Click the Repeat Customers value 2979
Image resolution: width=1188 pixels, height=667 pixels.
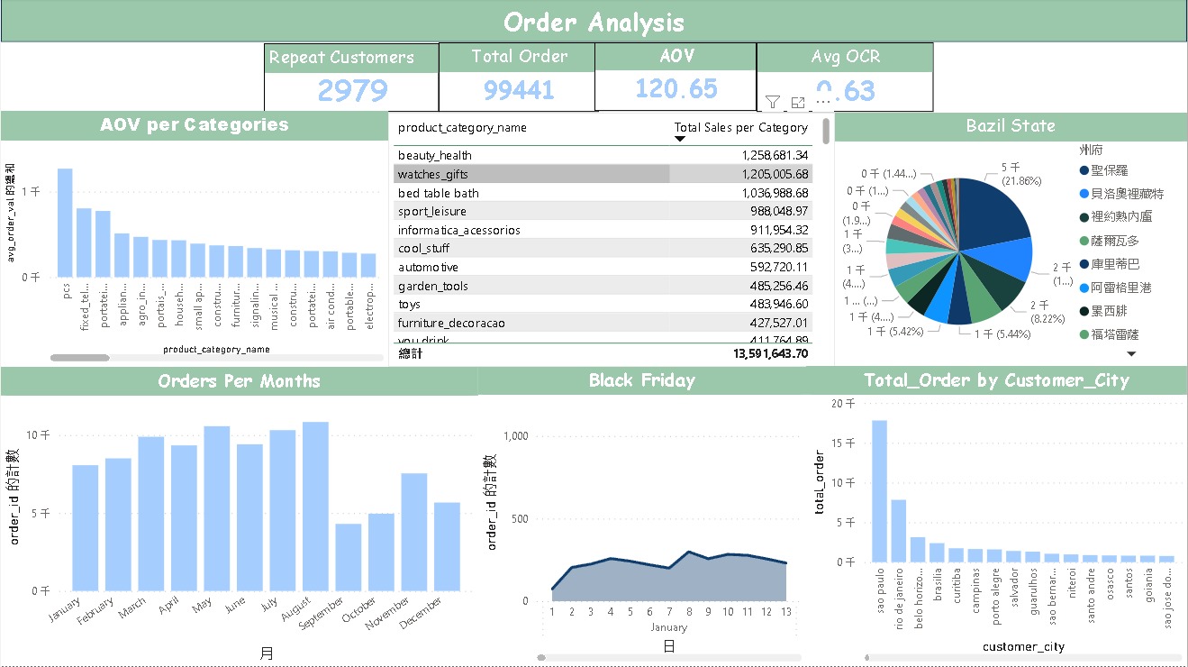pos(352,90)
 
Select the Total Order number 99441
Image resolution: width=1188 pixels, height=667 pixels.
pos(519,90)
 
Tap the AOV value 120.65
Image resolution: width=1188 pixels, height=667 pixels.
pos(676,88)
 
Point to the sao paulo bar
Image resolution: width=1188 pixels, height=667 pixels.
pos(879,491)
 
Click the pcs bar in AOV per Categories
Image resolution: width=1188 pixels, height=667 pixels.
pos(65,223)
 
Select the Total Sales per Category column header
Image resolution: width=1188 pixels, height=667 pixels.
pos(740,127)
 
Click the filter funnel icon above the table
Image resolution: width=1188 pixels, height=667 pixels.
pos(772,102)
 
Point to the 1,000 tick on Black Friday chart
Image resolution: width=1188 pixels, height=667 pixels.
pos(517,435)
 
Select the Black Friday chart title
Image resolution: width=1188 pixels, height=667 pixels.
pos(641,380)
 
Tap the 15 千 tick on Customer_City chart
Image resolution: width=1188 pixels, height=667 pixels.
pos(843,443)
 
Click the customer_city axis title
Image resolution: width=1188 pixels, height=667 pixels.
pos(1023,646)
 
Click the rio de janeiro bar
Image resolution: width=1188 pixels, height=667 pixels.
pos(898,531)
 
